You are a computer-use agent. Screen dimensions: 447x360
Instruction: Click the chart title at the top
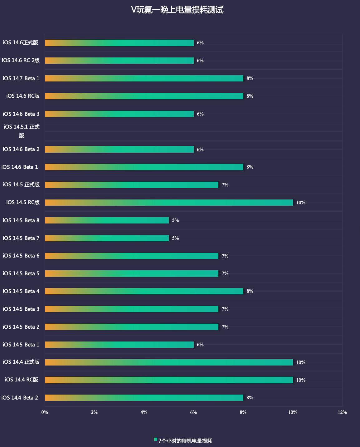point(177,10)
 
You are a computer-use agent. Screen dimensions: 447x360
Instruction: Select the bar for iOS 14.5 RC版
point(169,203)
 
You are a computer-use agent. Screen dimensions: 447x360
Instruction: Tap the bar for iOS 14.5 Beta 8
point(107,220)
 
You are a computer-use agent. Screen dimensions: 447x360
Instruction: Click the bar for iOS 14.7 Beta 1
point(144,78)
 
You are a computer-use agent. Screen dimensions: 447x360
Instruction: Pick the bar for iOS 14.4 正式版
point(169,362)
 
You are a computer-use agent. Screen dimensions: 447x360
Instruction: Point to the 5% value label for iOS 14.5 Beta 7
point(175,238)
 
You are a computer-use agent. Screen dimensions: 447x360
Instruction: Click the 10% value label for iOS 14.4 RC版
point(301,380)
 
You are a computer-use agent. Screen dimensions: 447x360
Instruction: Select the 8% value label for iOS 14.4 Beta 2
point(250,398)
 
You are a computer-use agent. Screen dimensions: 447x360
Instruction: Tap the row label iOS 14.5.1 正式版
point(22,131)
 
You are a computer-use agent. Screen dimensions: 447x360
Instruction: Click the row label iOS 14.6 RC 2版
point(21,60)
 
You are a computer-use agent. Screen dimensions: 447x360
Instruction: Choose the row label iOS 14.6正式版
point(21,42)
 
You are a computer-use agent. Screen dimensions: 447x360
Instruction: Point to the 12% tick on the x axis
point(342,412)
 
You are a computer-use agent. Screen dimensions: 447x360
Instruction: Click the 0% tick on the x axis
point(45,412)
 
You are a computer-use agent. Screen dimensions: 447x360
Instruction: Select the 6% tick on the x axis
point(193,412)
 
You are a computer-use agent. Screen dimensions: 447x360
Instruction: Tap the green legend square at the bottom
point(156,440)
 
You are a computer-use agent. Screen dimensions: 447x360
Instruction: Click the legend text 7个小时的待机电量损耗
point(185,441)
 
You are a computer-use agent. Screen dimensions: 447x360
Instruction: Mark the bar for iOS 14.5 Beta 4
point(144,291)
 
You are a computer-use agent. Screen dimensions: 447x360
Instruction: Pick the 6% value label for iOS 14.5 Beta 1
point(200,345)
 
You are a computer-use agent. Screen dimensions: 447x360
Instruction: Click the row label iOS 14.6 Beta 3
point(21,114)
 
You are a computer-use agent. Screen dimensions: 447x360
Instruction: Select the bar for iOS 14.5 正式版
point(131,185)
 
